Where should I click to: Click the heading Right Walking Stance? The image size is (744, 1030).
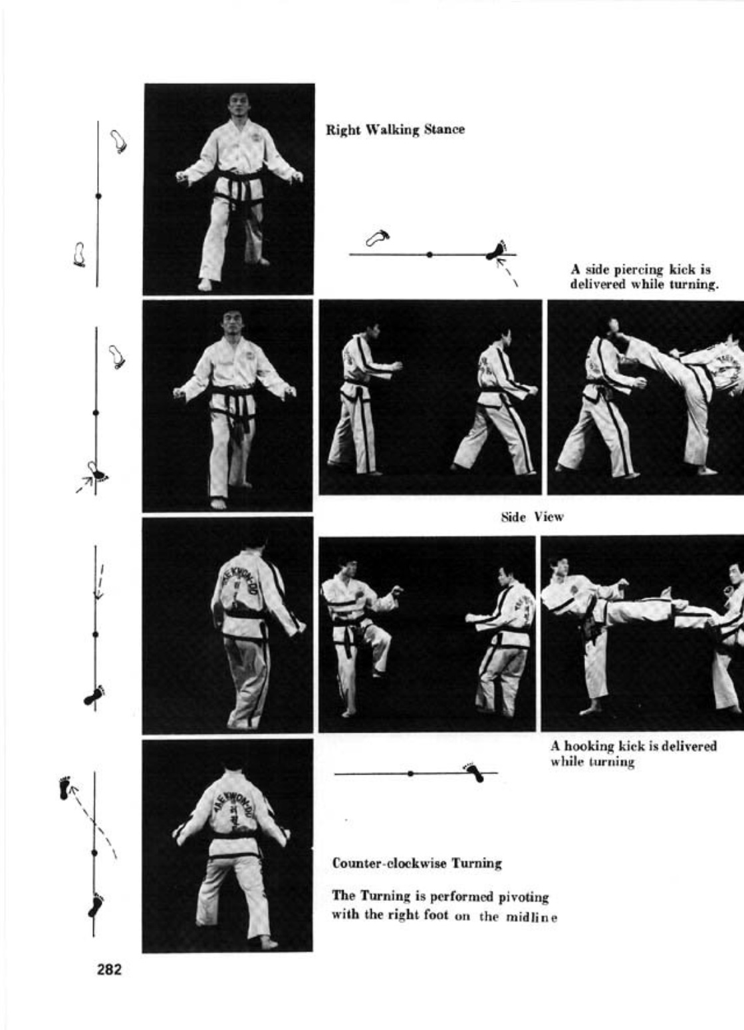click(395, 130)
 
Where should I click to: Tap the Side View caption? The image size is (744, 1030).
click(532, 518)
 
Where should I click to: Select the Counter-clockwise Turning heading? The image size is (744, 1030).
click(417, 864)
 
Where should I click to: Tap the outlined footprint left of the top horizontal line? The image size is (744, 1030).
click(378, 238)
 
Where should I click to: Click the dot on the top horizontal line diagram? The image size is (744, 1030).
click(430, 254)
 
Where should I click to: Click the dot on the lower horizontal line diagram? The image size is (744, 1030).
click(410, 773)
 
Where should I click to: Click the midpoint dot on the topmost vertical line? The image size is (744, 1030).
click(98, 196)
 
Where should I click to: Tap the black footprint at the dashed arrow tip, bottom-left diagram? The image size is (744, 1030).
click(64, 788)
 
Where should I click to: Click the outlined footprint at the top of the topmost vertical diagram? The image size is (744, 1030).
click(118, 141)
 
